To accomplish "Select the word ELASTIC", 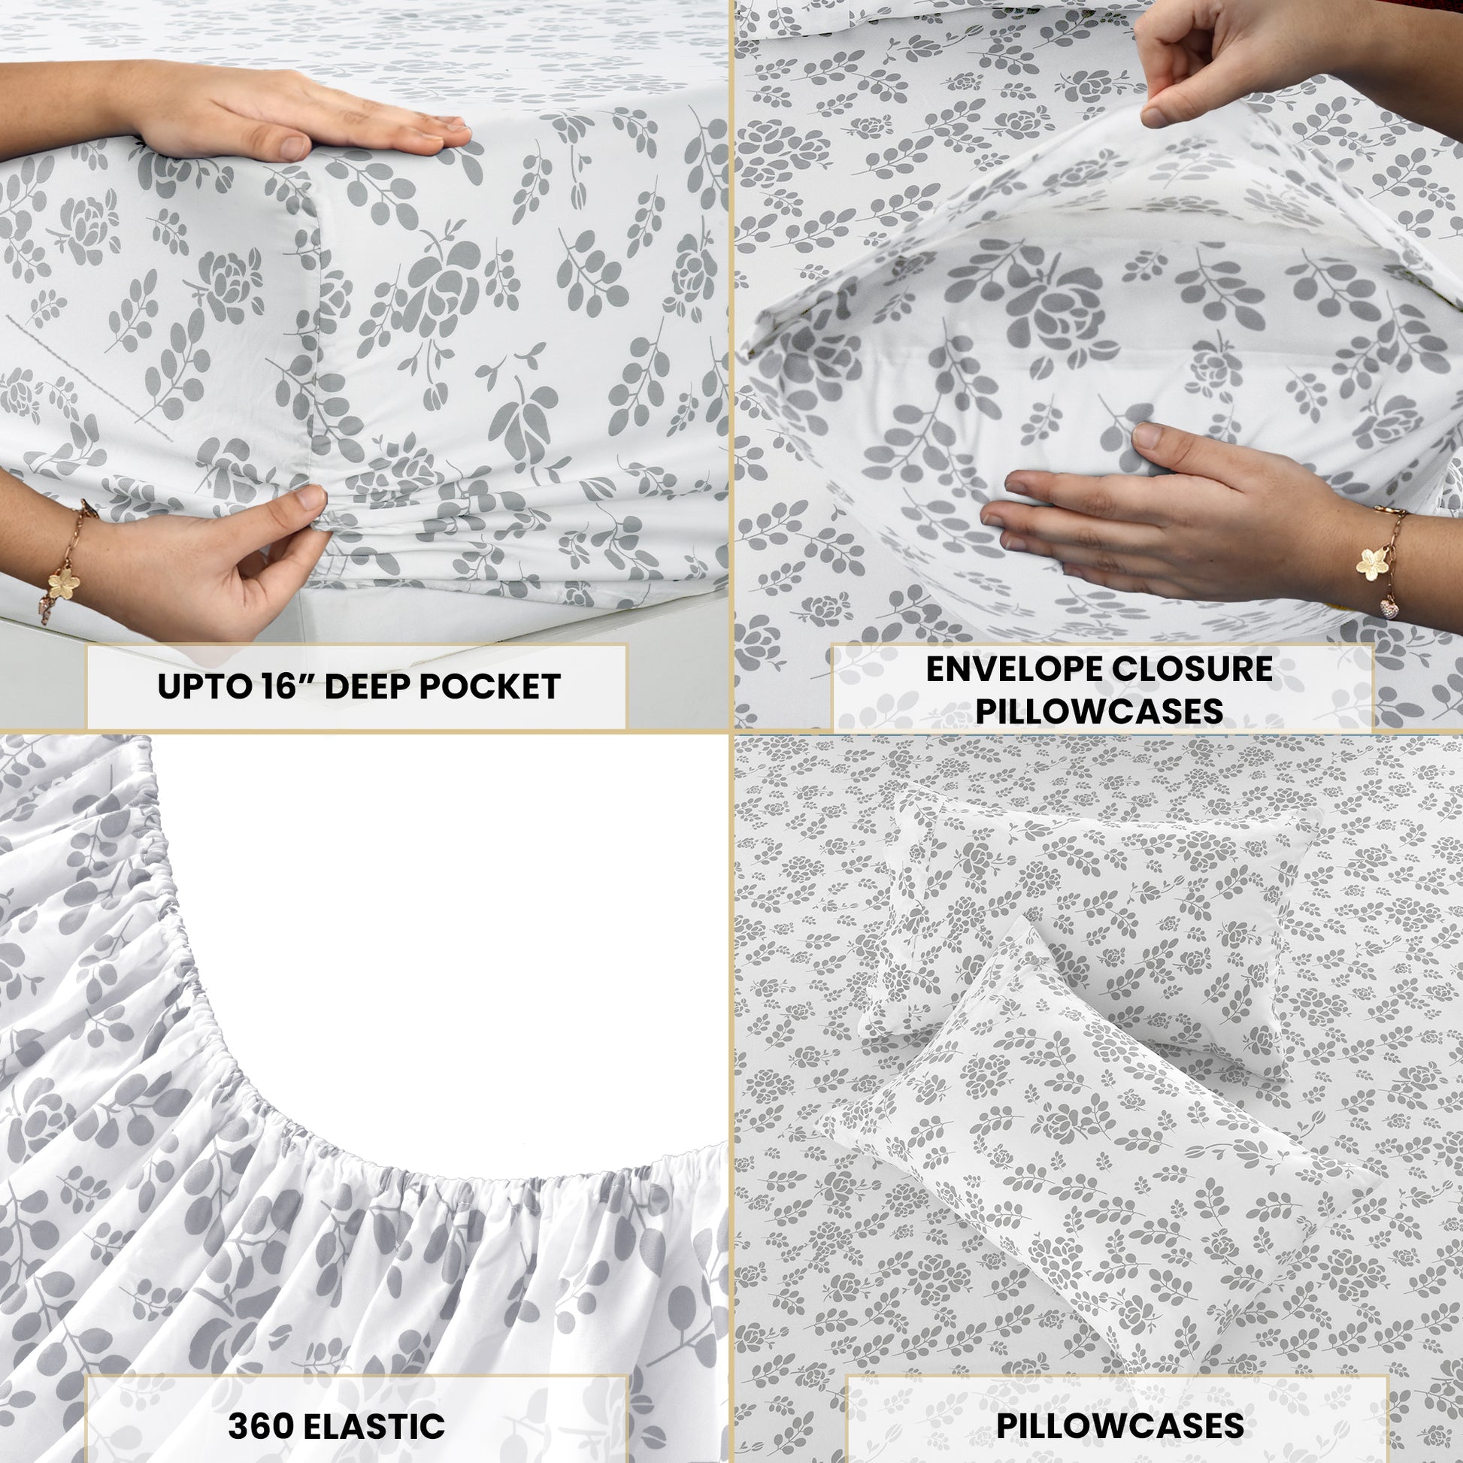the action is click(373, 1405).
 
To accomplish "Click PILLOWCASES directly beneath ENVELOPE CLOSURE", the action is click(1099, 711).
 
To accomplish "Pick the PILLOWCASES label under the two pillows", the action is click(1119, 1404).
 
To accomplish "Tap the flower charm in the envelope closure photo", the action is click(1372, 562).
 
